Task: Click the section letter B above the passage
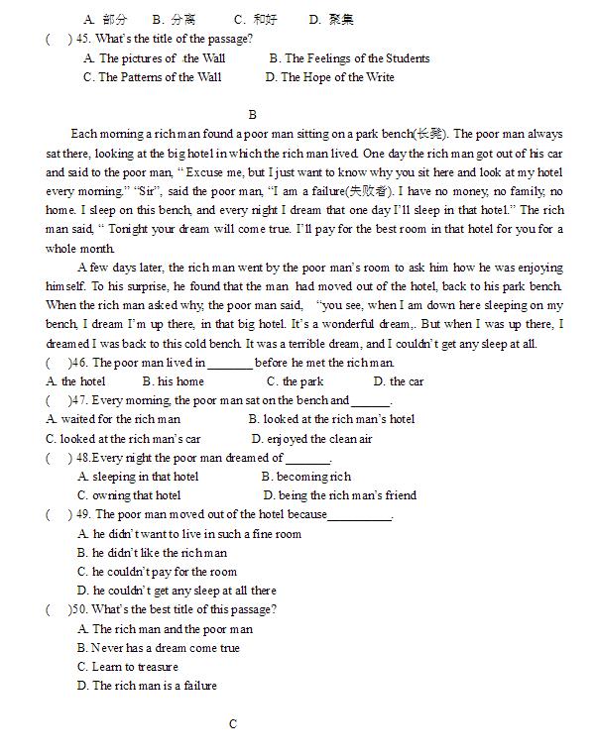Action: [253, 115]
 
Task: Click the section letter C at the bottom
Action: [233, 724]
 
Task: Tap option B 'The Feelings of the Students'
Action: [349, 58]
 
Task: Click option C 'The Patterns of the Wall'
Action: [153, 77]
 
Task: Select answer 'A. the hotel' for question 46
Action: [75, 381]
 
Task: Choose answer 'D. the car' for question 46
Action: [399, 381]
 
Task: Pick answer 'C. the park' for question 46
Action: [296, 381]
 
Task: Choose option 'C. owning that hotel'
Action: [129, 495]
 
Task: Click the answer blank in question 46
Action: [230, 364]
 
